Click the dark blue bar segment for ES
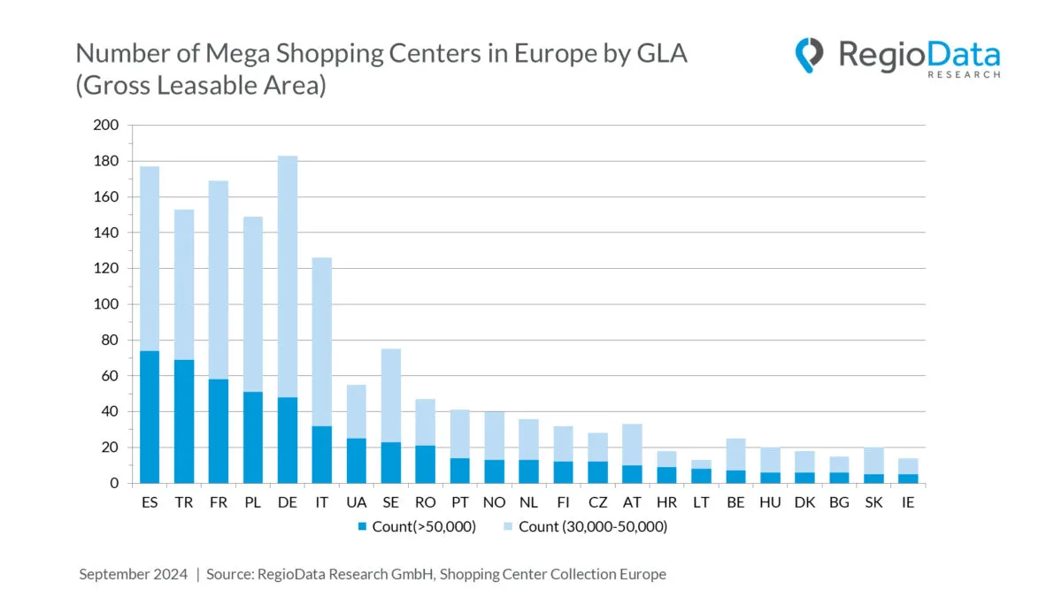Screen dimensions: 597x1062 coord(149,417)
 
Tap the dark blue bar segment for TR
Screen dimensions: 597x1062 coord(183,421)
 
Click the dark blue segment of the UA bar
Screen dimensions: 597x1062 coord(356,460)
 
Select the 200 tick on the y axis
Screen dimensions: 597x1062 coord(105,126)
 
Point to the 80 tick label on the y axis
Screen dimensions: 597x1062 coord(109,341)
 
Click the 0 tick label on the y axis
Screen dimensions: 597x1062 coord(113,484)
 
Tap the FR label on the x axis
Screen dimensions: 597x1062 coord(217,501)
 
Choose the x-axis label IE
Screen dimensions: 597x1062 coord(908,501)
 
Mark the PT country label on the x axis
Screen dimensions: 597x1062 coord(459,501)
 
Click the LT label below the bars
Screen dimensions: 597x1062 coord(701,501)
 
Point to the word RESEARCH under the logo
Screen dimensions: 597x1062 coord(964,75)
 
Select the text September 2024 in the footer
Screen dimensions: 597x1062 coord(134,574)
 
